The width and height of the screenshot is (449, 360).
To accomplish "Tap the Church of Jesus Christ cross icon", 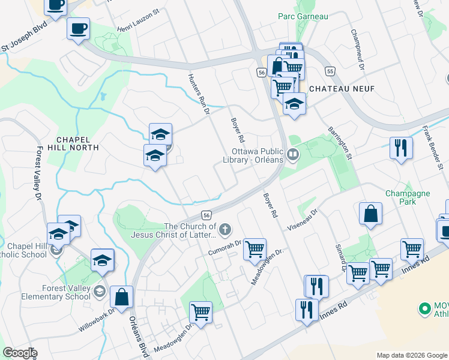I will pos(225,229).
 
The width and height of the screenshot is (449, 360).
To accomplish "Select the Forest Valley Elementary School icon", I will pos(100,291).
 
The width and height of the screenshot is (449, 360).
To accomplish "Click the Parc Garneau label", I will pos(303,16).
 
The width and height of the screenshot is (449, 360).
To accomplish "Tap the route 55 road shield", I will pos(330,71).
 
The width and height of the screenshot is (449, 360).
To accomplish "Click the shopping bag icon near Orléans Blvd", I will pos(121,298).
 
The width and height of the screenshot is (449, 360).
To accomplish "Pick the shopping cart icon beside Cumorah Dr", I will pos(255,248).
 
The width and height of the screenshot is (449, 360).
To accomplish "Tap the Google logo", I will pos(19,353).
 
